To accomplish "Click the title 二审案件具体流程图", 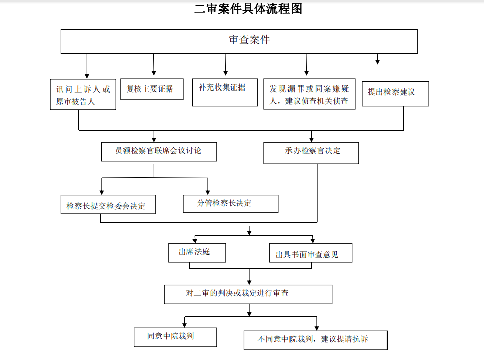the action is pos(248,9).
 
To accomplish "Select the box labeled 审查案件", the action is pos(239,41).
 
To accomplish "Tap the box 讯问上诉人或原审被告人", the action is pos(83,94).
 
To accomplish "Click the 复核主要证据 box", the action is pos(152,89).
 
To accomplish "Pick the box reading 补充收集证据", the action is pos(225,93).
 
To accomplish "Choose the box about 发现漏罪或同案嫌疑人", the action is pos(309,94).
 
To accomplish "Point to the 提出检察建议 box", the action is pos(396,94).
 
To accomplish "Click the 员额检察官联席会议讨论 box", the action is pos(159,152).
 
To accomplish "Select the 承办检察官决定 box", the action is pos(311,153).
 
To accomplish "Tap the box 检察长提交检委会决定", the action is pos(108,204).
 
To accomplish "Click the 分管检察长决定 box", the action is pos(231,204).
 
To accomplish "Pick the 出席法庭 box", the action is pos(197,253).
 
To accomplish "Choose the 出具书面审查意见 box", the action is pos(311,253).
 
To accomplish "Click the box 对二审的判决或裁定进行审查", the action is pos(248,294).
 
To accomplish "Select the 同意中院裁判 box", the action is pos(175,337).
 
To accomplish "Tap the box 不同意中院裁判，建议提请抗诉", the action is pos(316,340).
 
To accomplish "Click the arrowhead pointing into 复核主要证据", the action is pos(154,73).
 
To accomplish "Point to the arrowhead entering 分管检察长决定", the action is pos(208,192).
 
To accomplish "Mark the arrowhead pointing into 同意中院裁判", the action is pos(184,325).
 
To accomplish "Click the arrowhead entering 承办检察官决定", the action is pos(311,140).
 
